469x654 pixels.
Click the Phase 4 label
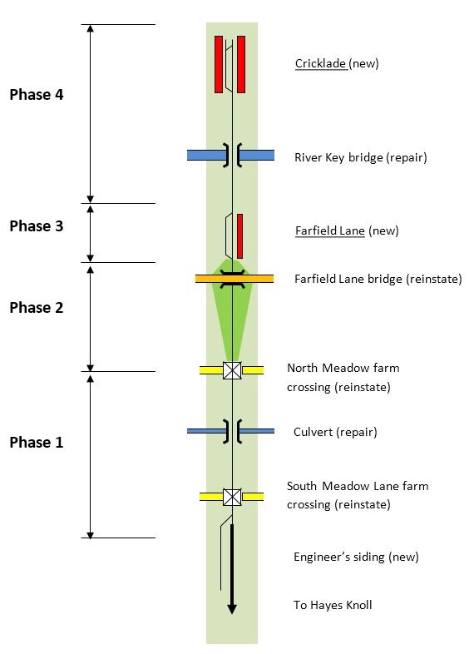(x=37, y=95)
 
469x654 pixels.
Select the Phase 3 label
(x=37, y=226)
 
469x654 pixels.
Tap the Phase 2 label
(x=37, y=308)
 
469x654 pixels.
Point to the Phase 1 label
(x=37, y=442)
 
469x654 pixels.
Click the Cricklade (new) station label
(x=337, y=64)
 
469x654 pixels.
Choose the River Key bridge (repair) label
(x=361, y=157)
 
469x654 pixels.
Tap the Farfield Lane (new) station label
(x=347, y=230)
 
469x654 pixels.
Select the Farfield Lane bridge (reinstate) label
(x=378, y=279)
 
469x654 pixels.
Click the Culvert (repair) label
(x=335, y=432)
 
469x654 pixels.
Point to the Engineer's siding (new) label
(x=356, y=557)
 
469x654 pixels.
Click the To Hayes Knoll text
(x=333, y=605)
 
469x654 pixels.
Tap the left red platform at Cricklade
(x=219, y=64)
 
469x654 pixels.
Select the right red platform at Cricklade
(x=241, y=64)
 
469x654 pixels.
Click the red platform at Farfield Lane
(x=239, y=236)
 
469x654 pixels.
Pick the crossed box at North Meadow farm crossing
(x=232, y=370)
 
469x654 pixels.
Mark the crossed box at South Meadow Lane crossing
(x=232, y=497)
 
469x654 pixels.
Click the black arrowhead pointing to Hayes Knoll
(x=232, y=608)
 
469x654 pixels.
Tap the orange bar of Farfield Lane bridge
(x=234, y=279)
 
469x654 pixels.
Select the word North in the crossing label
(x=303, y=368)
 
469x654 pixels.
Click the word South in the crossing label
(x=302, y=486)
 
